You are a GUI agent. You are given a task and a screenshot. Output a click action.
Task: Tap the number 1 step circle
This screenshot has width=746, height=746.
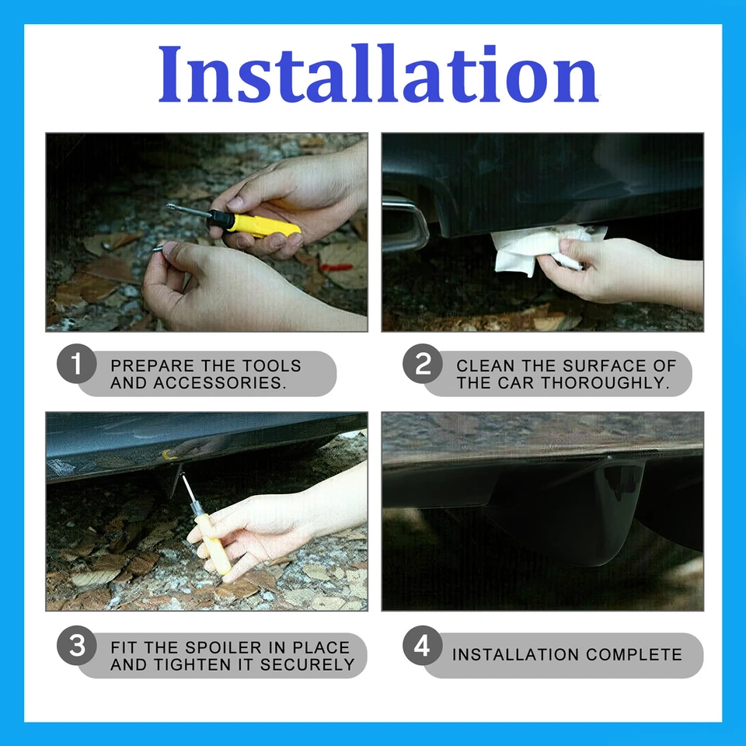tap(77, 364)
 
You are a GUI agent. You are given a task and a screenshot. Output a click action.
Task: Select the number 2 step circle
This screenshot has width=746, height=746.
tap(423, 364)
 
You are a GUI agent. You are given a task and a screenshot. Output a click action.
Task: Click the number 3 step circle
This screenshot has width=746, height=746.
tap(77, 646)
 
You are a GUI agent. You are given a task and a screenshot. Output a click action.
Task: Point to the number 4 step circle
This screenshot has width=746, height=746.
tap(423, 646)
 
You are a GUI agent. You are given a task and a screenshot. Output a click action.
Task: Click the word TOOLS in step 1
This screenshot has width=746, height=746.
tap(272, 365)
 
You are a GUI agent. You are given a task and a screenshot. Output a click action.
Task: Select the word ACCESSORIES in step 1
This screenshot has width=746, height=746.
tap(219, 382)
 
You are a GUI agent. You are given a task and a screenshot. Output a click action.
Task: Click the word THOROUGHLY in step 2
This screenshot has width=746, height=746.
tap(605, 382)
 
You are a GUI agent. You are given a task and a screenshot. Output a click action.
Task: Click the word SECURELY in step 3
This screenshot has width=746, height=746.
tap(308, 664)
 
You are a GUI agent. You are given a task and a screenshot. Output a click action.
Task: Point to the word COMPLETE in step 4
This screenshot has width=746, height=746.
tap(634, 654)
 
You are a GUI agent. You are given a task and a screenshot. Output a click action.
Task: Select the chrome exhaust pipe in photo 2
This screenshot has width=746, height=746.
tap(405, 225)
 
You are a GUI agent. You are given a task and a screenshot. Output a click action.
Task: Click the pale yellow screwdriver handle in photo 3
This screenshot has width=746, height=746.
tap(213, 543)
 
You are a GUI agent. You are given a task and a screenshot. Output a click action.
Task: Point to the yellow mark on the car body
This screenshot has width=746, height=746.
tap(169, 455)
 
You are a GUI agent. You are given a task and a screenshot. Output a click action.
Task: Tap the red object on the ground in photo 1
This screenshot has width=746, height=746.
tap(336, 267)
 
